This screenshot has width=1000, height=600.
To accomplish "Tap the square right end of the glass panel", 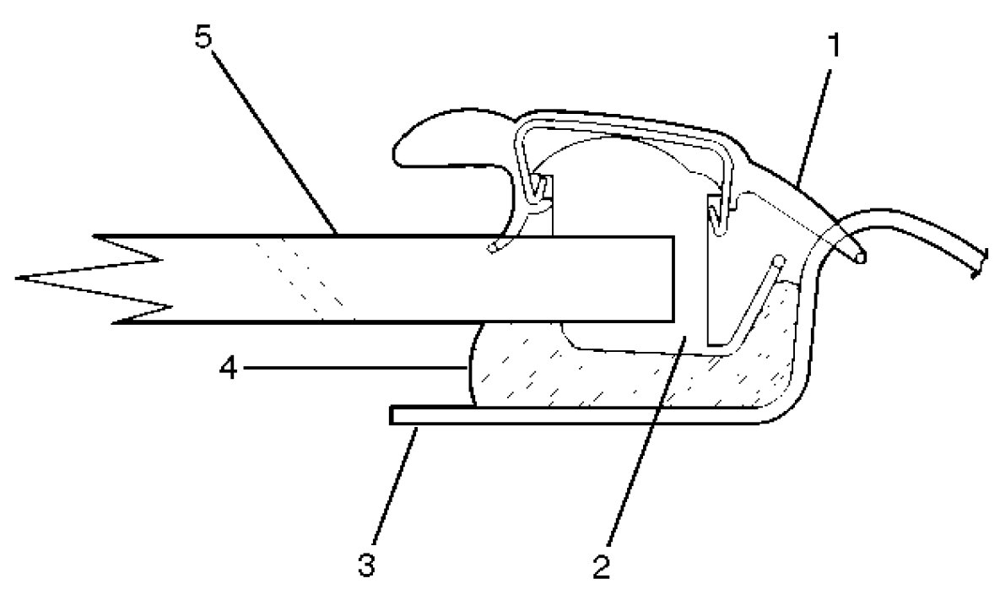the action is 673,278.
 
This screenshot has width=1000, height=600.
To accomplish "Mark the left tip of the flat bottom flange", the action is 394,415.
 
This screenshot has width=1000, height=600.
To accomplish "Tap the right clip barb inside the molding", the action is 720,215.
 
